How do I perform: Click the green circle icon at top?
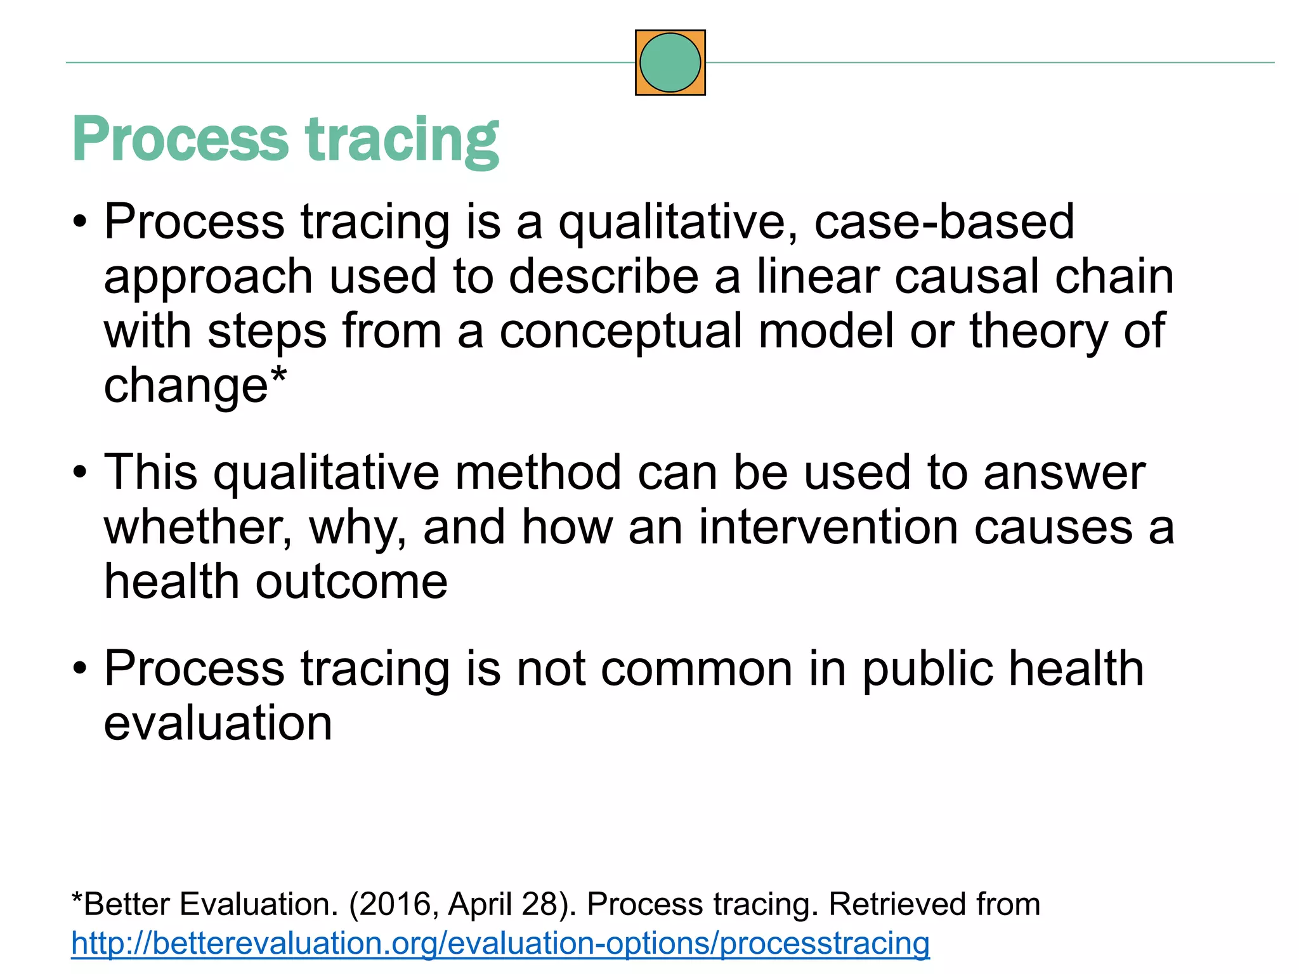tap(670, 62)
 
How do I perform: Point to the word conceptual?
tap(620, 332)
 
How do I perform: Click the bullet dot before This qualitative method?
tap(79, 473)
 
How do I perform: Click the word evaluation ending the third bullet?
tap(218, 724)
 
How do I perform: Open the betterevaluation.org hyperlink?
tap(500, 943)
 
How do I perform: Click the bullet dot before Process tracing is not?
tap(79, 669)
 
